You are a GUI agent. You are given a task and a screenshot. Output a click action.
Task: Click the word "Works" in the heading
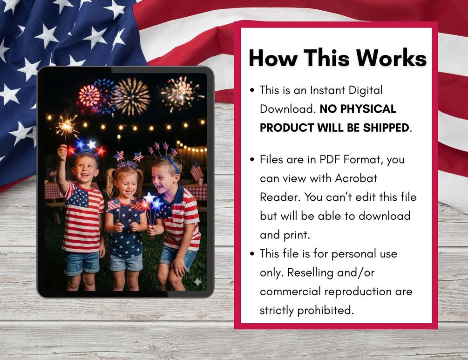pos(391,58)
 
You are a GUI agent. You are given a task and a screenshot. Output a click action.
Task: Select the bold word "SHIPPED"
pos(386,128)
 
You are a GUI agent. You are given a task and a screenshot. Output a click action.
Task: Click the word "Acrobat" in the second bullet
pos(356,178)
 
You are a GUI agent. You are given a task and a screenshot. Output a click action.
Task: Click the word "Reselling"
pos(311,272)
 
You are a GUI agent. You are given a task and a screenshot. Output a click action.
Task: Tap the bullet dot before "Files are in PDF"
pos(252,160)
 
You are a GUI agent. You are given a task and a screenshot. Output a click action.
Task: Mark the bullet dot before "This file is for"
pos(252,254)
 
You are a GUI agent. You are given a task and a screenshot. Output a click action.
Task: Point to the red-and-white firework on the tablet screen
pos(89,96)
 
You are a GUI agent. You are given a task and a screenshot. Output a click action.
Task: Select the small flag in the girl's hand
pos(114,204)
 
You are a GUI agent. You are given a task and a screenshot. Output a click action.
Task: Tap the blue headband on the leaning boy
pos(174,165)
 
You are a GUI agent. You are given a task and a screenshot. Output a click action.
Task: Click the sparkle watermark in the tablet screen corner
pos(197,281)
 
